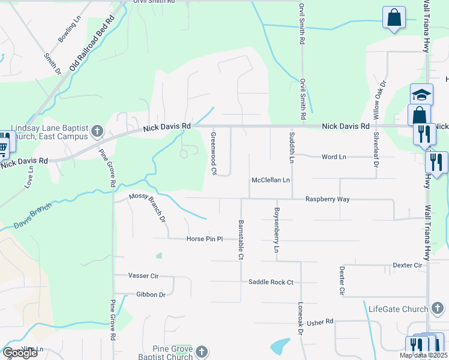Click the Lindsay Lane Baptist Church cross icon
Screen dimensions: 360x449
[97, 131]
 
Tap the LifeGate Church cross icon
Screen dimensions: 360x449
[438, 309]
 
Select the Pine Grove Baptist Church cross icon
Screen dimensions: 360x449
[202, 352]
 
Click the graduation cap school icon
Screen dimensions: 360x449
[421, 95]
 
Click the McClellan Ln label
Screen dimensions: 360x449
[271, 180]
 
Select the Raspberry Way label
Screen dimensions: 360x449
[327, 199]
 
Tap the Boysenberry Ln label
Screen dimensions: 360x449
[277, 229]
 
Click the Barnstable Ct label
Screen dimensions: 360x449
[241, 239]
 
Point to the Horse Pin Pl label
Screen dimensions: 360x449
[205, 239]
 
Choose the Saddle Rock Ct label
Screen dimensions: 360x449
[271, 282]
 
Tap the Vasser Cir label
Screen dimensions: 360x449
[143, 275]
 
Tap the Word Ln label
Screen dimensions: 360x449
[334, 157]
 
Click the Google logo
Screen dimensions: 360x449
[20, 353]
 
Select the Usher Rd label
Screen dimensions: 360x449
[319, 322]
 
